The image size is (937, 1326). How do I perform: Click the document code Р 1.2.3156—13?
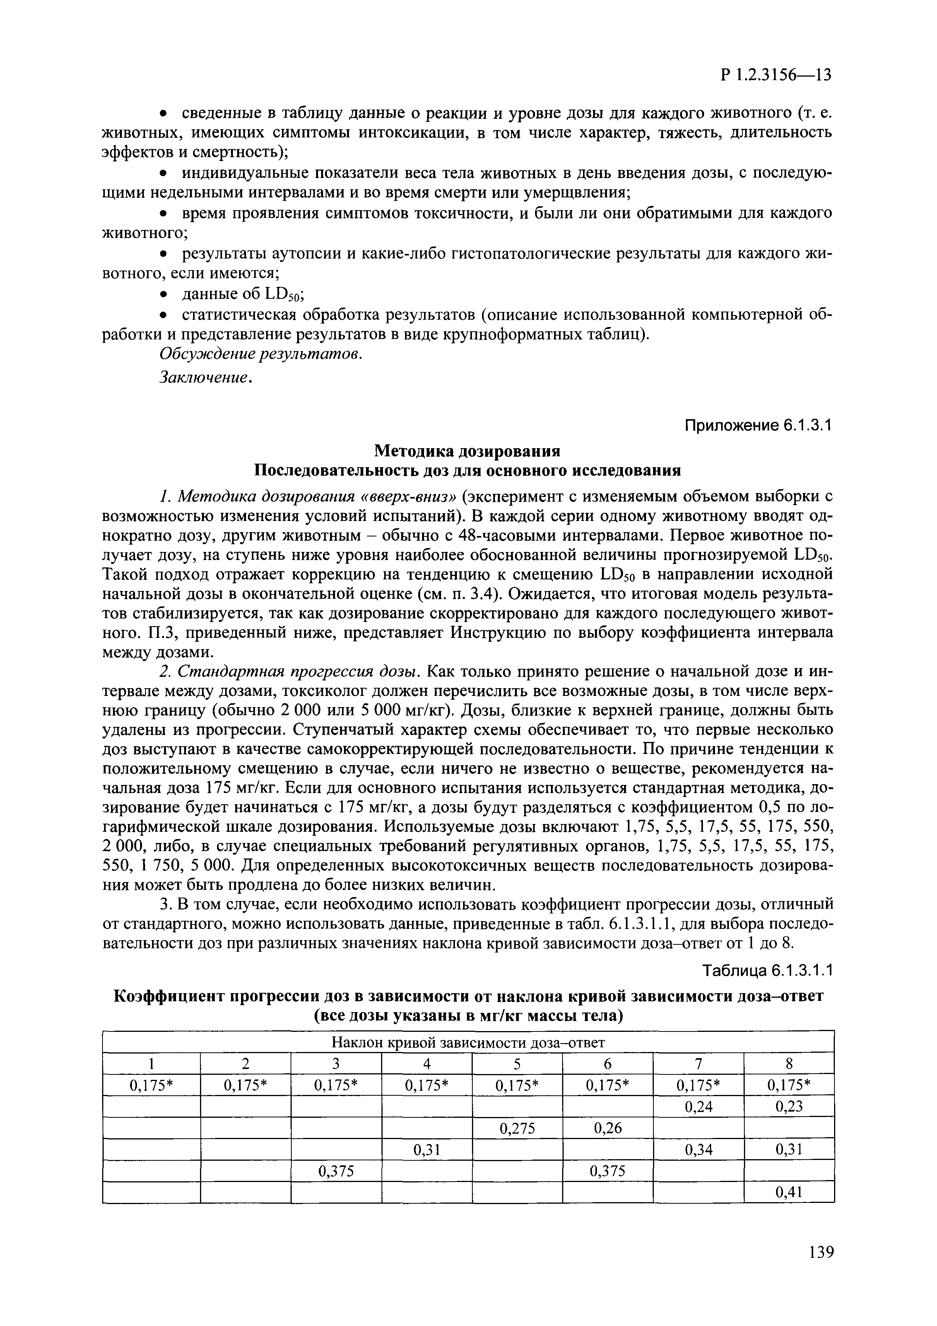point(775,75)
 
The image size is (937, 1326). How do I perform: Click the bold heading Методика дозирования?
point(468,451)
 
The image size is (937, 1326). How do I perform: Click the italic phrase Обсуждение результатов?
point(260,353)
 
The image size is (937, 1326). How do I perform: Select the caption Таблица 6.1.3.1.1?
point(768,971)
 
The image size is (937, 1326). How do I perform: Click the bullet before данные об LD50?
point(164,295)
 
